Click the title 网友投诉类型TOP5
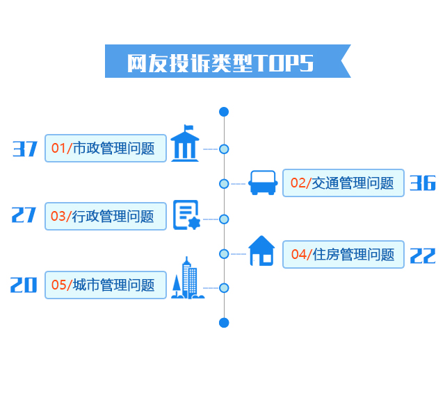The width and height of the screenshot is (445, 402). click(221, 62)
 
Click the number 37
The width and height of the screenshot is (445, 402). click(25, 149)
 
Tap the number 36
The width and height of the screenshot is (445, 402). click(422, 183)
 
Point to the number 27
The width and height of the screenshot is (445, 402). click(24, 215)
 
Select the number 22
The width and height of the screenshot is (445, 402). click(422, 256)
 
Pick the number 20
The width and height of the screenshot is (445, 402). click(24, 285)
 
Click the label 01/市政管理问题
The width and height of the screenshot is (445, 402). click(106, 148)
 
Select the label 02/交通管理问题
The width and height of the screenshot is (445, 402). click(343, 183)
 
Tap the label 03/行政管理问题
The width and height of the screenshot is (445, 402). click(106, 216)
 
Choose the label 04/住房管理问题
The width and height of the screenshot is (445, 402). click(343, 254)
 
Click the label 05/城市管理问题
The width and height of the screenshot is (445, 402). click(106, 285)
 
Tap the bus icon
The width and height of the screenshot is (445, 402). click(264, 183)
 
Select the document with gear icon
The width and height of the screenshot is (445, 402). click(186, 215)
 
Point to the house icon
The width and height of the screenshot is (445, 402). click(262, 251)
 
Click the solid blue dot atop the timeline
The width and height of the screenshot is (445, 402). click(224, 112)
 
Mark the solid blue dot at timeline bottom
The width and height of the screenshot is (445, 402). click(224, 322)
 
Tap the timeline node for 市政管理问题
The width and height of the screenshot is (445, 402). click(224, 149)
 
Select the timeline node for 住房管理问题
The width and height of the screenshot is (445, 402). click(224, 254)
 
